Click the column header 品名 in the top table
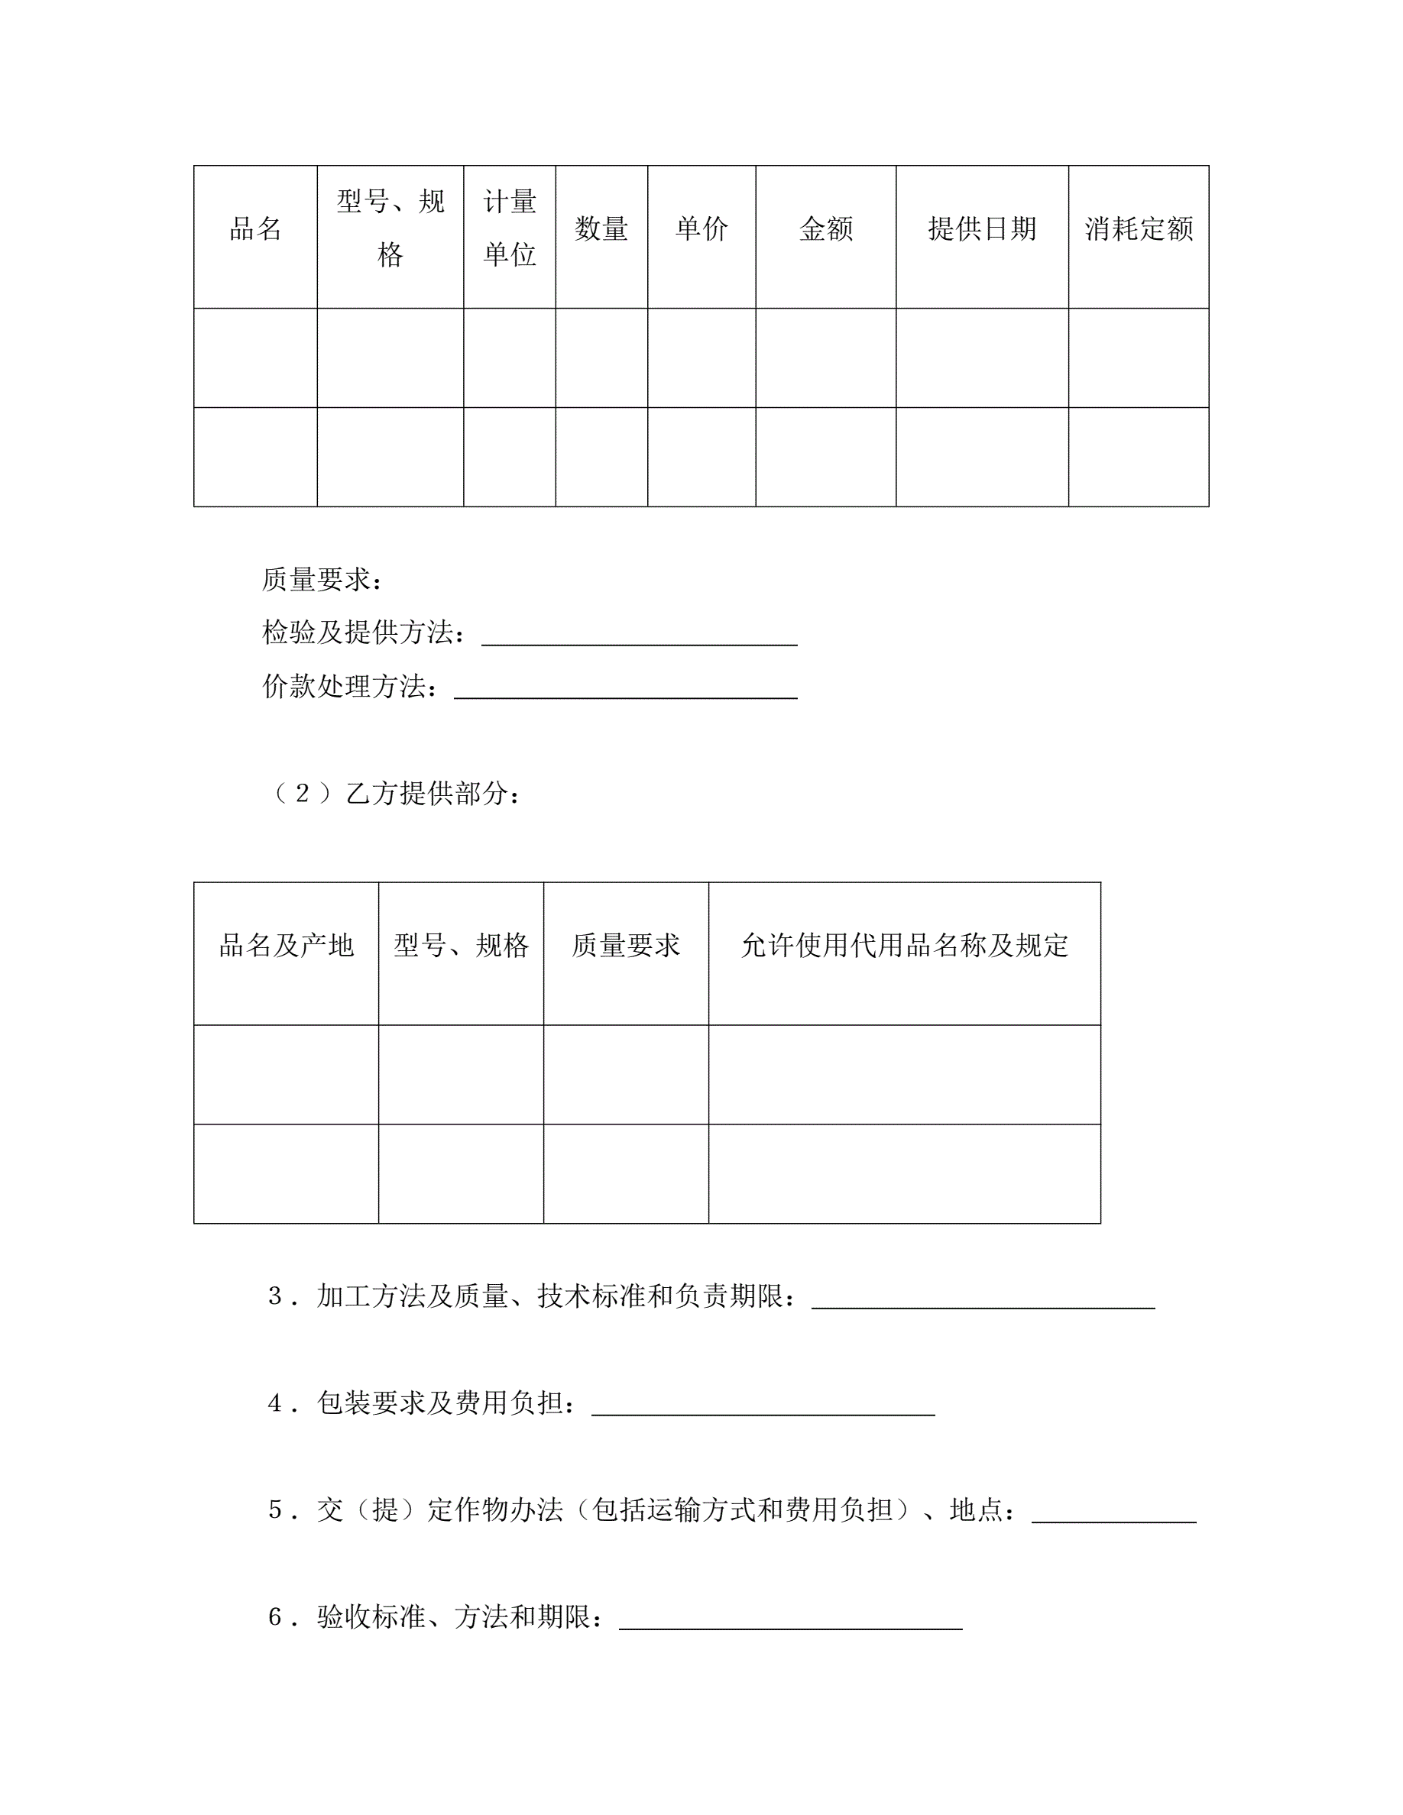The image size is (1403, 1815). click(x=255, y=228)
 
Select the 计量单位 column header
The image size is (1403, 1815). click(x=510, y=228)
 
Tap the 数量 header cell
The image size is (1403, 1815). click(x=601, y=228)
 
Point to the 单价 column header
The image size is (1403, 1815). click(x=701, y=228)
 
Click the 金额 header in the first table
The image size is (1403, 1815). click(x=825, y=228)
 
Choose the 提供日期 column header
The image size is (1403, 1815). click(x=982, y=228)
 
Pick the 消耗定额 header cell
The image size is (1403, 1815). click(x=1138, y=228)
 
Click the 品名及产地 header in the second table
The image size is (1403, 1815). click(x=286, y=946)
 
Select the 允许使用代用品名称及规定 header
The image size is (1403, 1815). click(x=904, y=946)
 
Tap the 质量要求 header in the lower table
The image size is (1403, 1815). click(x=626, y=946)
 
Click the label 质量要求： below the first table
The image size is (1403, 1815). click(x=322, y=580)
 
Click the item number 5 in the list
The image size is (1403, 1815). click(x=276, y=1510)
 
